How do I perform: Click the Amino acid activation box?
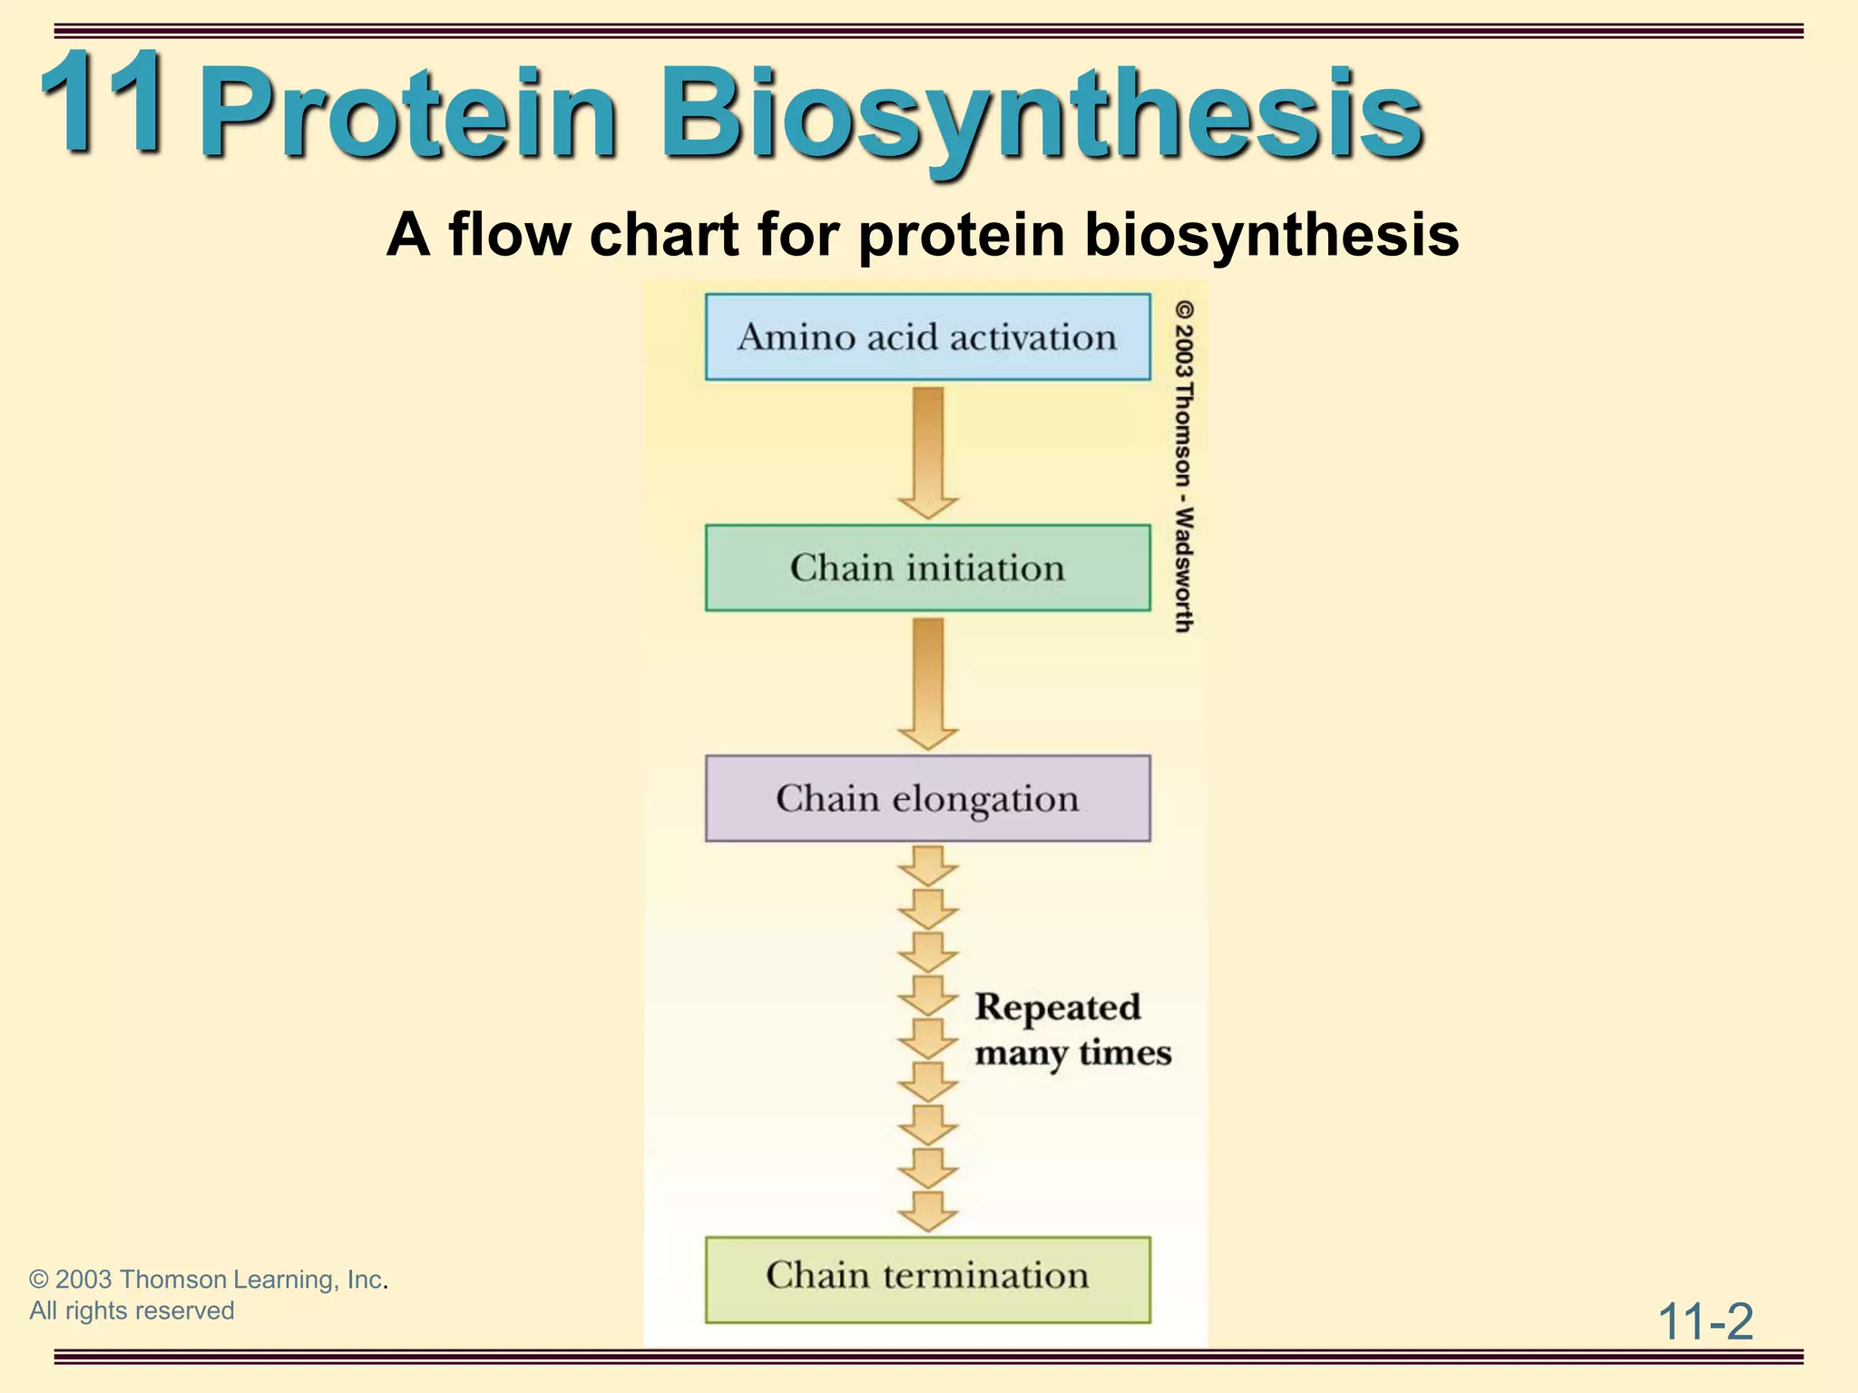(927, 336)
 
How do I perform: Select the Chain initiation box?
(927, 568)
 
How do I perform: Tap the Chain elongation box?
(927, 798)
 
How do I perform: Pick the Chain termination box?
(927, 1279)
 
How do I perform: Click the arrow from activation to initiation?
(927, 452)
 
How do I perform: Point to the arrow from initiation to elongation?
(927, 682)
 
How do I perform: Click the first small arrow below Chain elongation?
(927, 866)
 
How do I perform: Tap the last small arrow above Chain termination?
(927, 1211)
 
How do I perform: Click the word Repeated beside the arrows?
(1058, 1008)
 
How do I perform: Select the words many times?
(1073, 1054)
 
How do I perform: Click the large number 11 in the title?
(103, 102)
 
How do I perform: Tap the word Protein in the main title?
(408, 116)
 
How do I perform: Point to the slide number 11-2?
(1706, 1321)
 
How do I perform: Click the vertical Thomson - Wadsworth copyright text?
(1184, 467)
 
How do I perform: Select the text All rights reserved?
(132, 1310)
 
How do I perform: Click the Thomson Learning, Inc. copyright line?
(208, 1280)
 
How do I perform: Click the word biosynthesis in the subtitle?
(1270, 235)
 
